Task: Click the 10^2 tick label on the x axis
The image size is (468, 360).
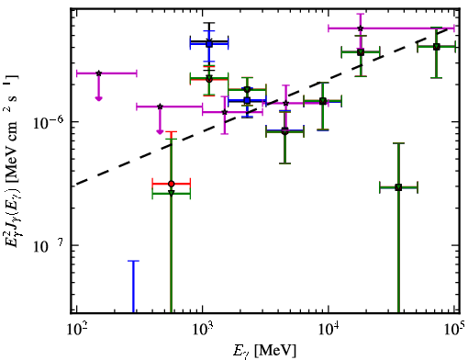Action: coord(77,329)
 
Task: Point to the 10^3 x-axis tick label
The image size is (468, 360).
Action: coord(203,329)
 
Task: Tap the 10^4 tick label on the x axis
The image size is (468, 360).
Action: coord(329,329)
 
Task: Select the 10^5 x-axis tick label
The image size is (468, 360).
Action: coord(453,329)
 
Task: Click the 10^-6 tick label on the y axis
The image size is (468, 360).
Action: coord(49,122)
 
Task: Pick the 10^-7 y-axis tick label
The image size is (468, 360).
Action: coord(49,246)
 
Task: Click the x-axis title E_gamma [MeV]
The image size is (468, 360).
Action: coord(264,351)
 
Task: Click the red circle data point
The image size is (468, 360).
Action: coord(172,184)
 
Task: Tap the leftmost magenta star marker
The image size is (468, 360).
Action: coord(98,73)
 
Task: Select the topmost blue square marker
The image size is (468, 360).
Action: coord(209,44)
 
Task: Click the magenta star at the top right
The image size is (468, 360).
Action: coord(361,28)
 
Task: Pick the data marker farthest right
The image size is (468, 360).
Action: coord(437,47)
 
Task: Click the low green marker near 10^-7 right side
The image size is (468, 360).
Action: coord(398,187)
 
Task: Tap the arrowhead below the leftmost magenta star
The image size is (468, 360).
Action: coord(98,98)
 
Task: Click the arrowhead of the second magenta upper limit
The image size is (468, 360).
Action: coord(160,131)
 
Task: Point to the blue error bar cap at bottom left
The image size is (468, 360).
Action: coord(133,261)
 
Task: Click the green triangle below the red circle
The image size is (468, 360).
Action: coord(172,193)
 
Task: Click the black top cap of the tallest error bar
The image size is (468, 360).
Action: coord(209,23)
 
